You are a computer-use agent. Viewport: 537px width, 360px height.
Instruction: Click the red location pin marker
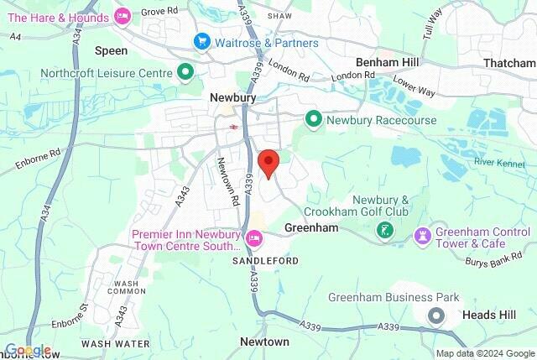[x=268, y=162]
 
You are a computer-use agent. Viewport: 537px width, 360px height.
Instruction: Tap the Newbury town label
[x=232, y=98]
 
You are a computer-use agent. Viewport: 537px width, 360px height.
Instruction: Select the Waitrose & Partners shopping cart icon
[x=201, y=41]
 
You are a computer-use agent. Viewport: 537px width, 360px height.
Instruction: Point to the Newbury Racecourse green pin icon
[x=313, y=120]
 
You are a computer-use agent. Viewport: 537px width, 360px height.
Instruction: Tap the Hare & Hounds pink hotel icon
[x=123, y=15]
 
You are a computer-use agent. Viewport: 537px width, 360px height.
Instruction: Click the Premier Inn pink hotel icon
[x=255, y=241]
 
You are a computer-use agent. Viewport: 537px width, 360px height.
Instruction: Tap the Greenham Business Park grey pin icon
[x=436, y=316]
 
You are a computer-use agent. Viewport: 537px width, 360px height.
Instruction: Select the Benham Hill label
[x=388, y=62]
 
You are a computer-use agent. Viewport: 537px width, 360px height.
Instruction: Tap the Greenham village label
[x=310, y=227]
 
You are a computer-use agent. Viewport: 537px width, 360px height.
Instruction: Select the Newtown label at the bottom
[x=264, y=342]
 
